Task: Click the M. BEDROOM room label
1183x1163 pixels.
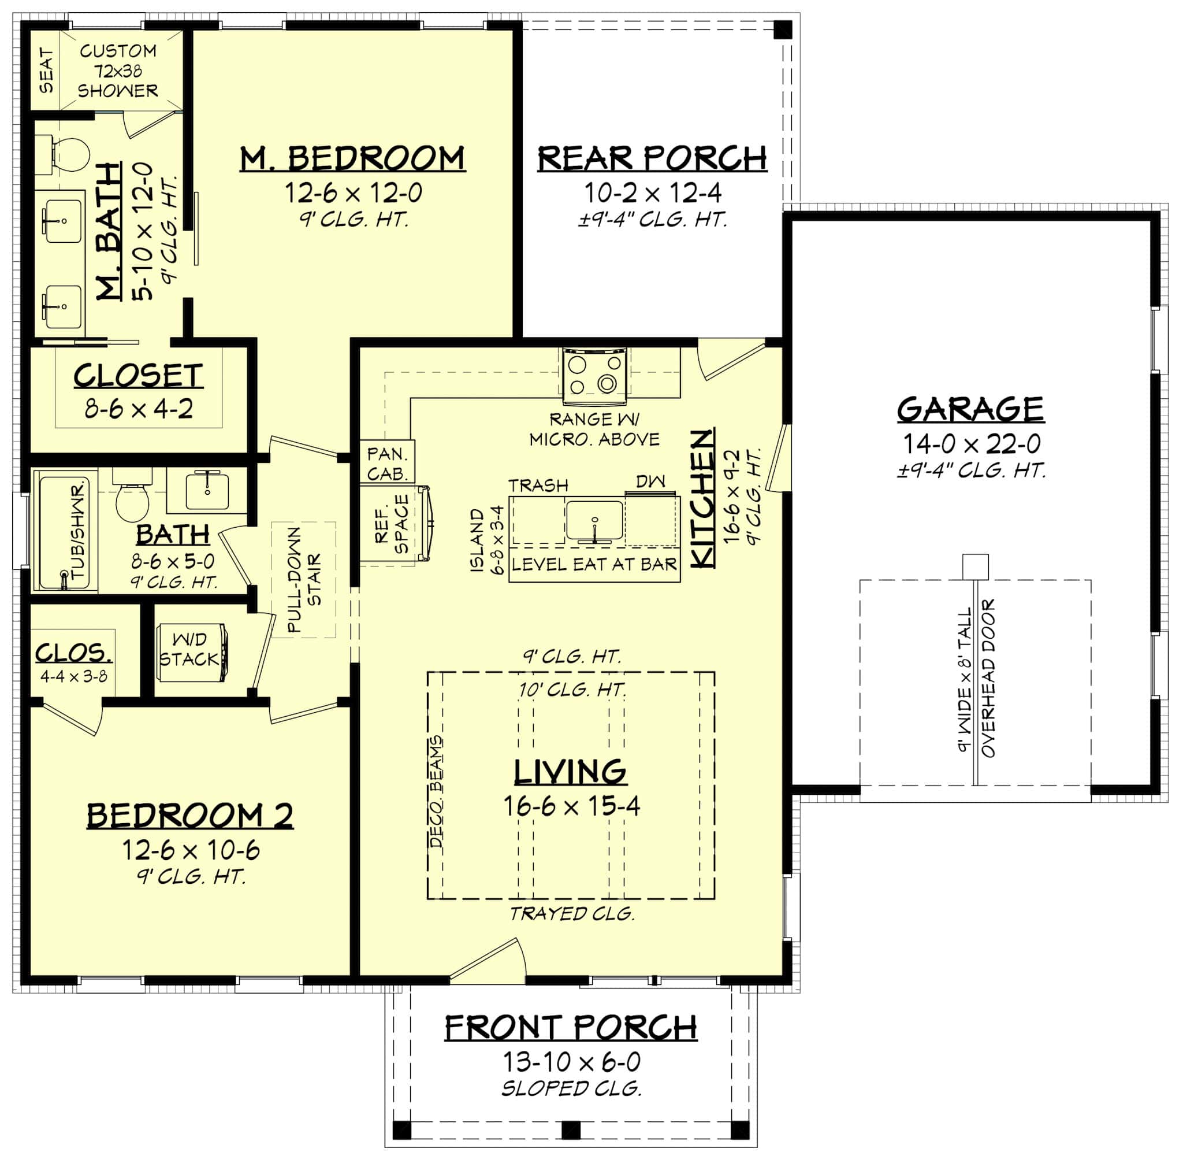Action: coord(352,159)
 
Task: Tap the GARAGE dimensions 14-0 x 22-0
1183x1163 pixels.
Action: coord(971,444)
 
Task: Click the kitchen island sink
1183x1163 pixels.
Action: coord(594,520)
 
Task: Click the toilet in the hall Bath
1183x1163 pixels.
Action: coord(132,502)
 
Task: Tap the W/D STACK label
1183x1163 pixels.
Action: coord(189,650)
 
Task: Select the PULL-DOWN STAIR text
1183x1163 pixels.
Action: coord(303,580)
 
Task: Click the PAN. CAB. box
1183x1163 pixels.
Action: coord(387,463)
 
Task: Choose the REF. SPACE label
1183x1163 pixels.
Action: coord(391,524)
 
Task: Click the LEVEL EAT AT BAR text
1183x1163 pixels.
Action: coord(594,564)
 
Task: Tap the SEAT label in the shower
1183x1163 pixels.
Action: coord(46,71)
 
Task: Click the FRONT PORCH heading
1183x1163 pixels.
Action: coord(570,1028)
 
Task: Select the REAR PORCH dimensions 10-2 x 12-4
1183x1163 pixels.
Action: coord(653,193)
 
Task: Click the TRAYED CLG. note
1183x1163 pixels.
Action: coord(572,914)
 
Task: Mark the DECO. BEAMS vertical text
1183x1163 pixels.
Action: coord(437,792)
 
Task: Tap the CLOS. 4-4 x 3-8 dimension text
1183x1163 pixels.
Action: coord(74,676)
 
